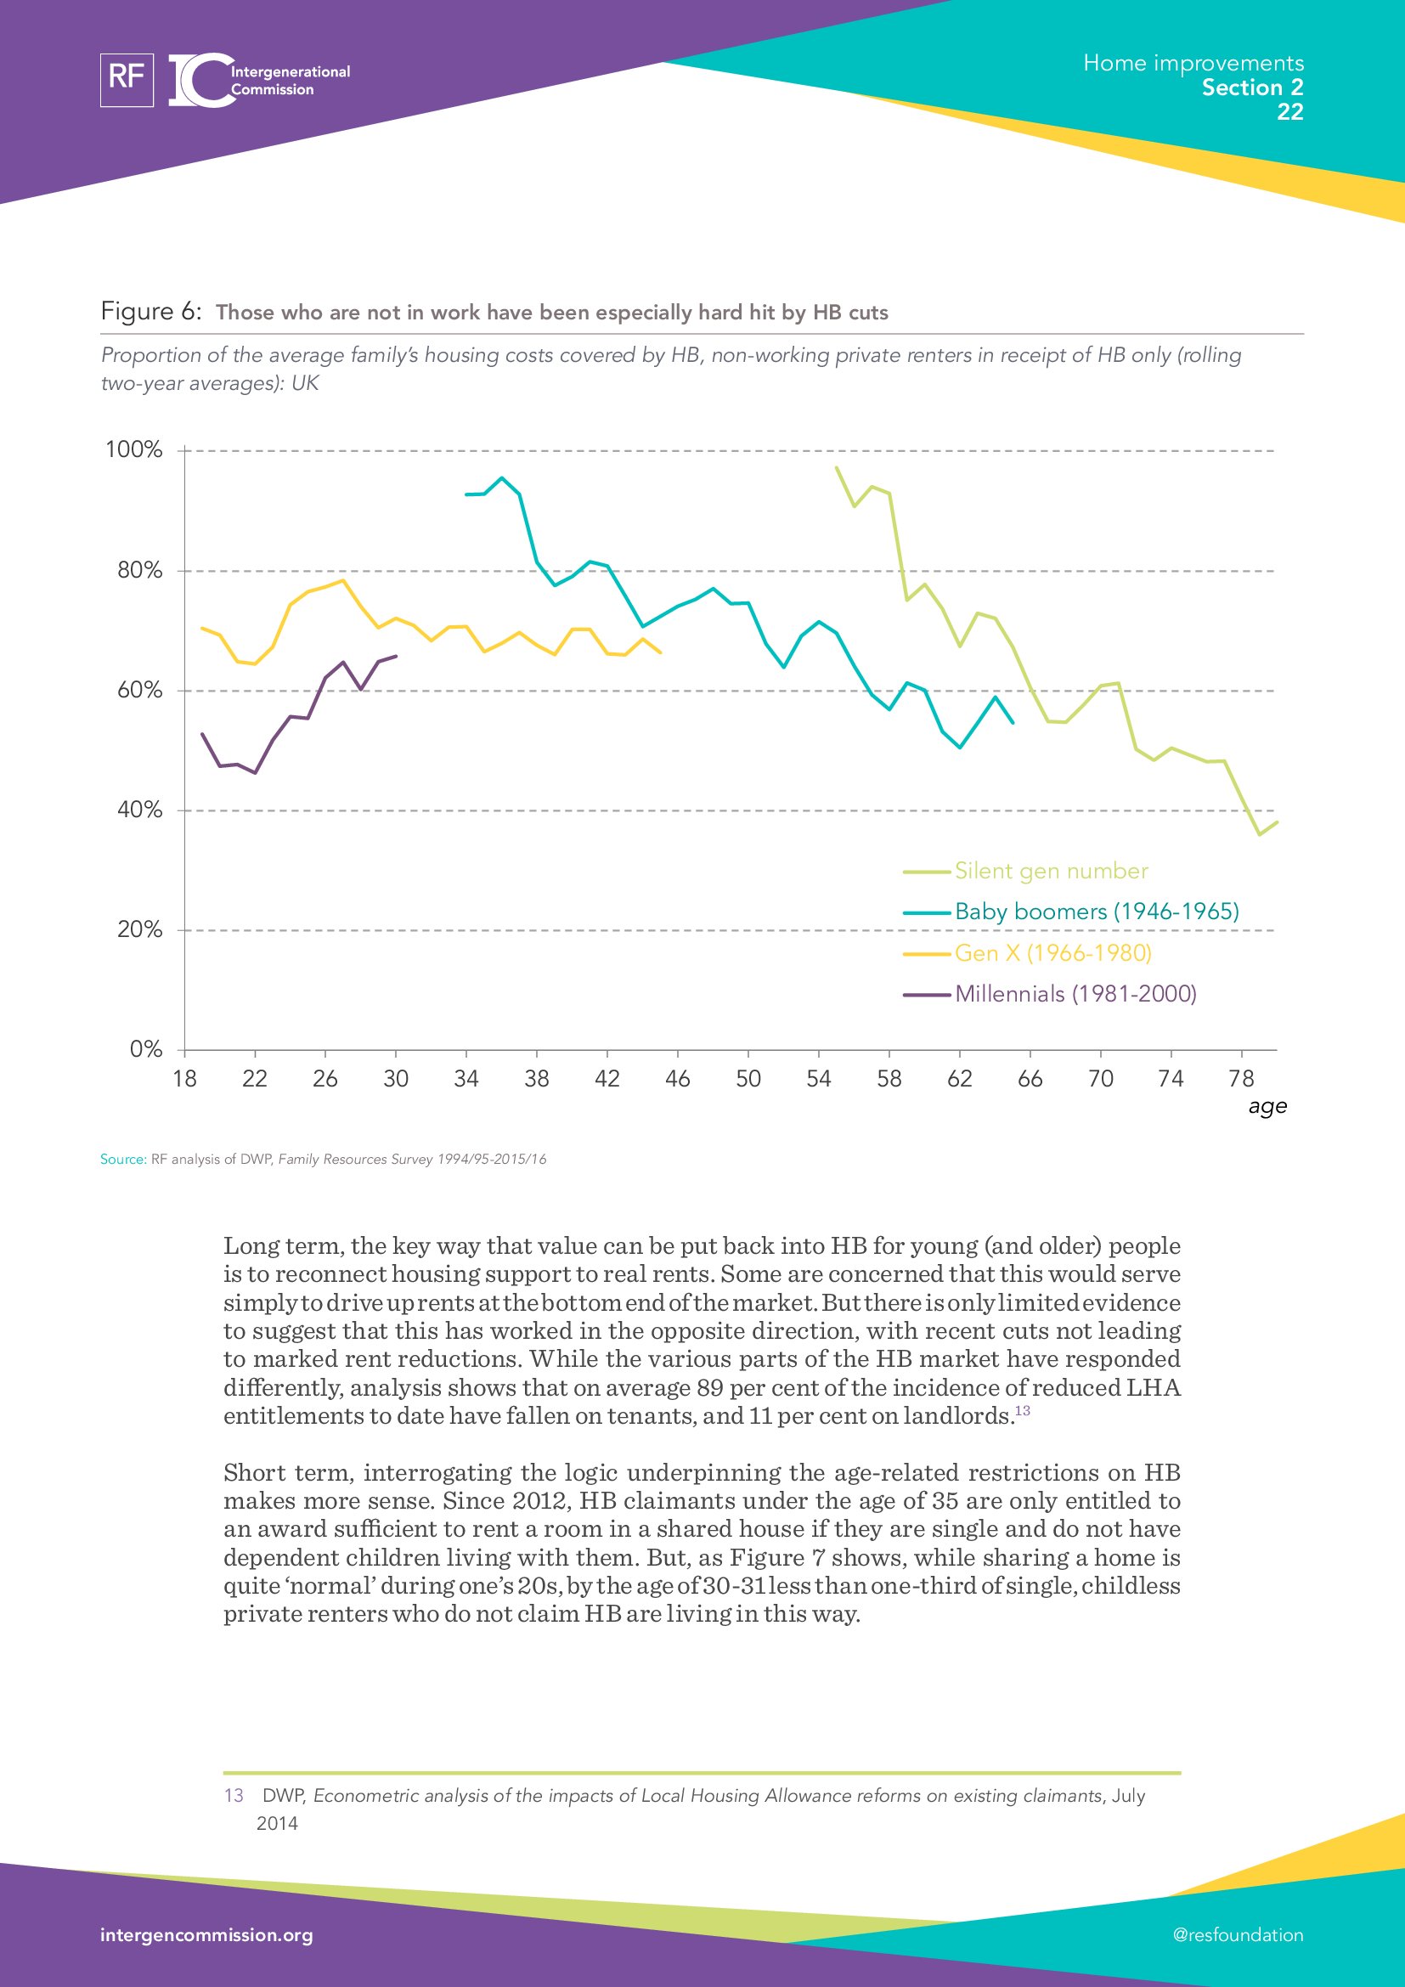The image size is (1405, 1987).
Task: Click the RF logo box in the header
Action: coord(127,80)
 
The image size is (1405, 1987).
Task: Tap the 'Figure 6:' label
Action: coord(151,312)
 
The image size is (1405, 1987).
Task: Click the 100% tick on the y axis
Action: coord(134,450)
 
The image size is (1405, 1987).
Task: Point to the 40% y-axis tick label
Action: coord(139,810)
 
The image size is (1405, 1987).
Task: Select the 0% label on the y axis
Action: coord(145,1050)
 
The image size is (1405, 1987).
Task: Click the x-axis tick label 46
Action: coord(677,1079)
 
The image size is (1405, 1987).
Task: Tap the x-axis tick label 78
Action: coord(1242,1079)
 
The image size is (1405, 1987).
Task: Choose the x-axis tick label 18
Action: coord(184,1079)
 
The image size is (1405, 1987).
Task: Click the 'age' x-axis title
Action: coord(1267,1107)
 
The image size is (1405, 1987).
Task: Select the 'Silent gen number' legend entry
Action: coord(1051,872)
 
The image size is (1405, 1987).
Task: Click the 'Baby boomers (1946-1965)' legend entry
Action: coord(1096,912)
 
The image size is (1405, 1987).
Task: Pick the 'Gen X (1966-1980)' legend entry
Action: coord(1052,954)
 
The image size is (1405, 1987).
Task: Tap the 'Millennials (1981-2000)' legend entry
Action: coord(1075,995)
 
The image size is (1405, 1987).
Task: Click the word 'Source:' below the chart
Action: coord(123,1160)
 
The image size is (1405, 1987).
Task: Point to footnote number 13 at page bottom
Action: coord(234,1796)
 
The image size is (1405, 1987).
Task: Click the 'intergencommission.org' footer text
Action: coord(206,1935)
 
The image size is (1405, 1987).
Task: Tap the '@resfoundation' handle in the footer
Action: coord(1238,1935)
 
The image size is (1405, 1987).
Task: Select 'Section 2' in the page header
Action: coord(1252,87)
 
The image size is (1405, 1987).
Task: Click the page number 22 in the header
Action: coord(1290,111)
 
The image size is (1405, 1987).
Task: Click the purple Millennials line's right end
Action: coord(396,656)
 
